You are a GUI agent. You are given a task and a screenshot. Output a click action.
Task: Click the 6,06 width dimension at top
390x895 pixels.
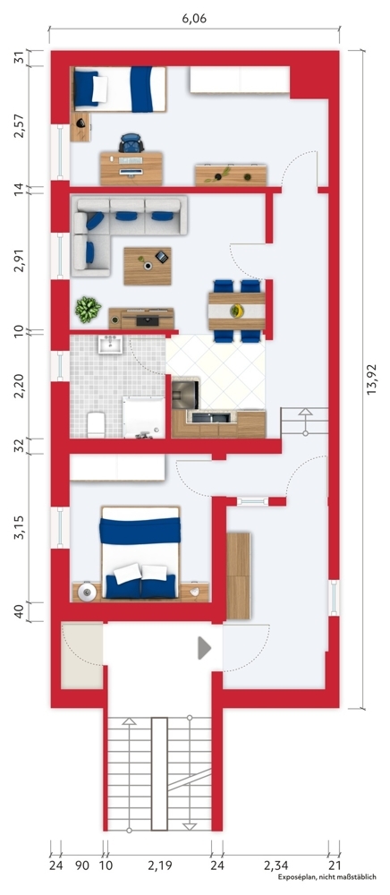tap(193, 18)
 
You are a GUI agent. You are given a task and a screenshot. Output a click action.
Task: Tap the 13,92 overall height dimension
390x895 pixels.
tap(376, 378)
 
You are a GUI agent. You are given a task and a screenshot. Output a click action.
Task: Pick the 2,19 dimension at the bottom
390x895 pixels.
tap(158, 865)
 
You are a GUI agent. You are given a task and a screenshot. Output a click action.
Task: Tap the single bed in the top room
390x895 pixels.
tap(119, 89)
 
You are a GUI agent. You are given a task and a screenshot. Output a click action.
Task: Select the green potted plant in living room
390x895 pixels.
tap(87, 310)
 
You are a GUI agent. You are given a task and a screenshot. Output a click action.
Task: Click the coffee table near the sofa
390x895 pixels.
tap(146, 263)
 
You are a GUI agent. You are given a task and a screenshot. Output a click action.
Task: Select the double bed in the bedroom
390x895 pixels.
tap(140, 553)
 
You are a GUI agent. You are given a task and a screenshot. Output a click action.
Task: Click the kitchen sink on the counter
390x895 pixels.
tap(215, 416)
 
